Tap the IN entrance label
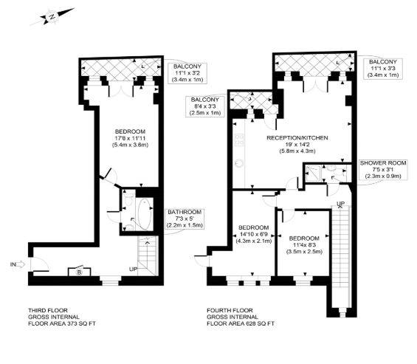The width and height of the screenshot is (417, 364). [14, 263]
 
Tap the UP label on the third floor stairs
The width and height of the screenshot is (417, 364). [133, 268]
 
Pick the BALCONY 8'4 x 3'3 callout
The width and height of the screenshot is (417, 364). [206, 106]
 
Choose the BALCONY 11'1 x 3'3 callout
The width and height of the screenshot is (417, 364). [383, 67]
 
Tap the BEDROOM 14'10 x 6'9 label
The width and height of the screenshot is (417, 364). [252, 233]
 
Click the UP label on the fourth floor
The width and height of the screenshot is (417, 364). [340, 203]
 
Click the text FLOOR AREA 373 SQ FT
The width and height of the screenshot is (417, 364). [61, 323]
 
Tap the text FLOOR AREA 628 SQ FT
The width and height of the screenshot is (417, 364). [241, 323]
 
